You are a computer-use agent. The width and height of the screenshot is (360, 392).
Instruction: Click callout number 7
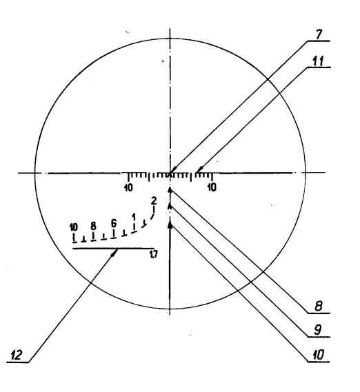click(x=319, y=34)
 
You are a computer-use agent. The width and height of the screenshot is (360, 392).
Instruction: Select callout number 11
click(x=318, y=61)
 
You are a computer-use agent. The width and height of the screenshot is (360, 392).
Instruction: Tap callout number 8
click(x=318, y=306)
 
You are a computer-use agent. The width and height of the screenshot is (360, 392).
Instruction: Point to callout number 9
click(x=318, y=330)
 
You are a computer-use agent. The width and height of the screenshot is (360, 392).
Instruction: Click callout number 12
click(x=17, y=355)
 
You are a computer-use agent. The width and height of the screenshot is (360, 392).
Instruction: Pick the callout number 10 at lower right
click(x=318, y=355)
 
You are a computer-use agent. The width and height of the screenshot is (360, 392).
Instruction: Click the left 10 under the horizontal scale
click(x=128, y=188)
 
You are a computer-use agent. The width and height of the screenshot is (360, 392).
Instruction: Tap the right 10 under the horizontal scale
click(x=212, y=187)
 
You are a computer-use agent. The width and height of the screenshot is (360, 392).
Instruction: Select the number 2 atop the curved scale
click(x=154, y=200)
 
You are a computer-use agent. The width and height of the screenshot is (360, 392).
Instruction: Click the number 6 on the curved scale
click(x=114, y=223)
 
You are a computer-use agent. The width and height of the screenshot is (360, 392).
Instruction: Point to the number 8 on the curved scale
click(x=93, y=226)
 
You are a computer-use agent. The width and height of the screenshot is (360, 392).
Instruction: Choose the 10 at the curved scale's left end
click(x=74, y=227)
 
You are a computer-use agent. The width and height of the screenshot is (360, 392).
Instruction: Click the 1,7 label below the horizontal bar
click(x=154, y=254)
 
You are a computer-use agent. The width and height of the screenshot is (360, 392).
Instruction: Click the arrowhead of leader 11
click(x=199, y=170)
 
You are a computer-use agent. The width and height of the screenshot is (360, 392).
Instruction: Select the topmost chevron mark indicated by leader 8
click(x=170, y=191)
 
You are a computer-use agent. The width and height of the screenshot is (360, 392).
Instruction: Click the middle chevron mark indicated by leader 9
click(x=170, y=207)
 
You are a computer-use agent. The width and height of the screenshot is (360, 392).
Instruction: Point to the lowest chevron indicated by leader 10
click(x=170, y=225)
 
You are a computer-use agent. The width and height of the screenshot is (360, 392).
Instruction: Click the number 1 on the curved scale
click(x=134, y=216)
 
